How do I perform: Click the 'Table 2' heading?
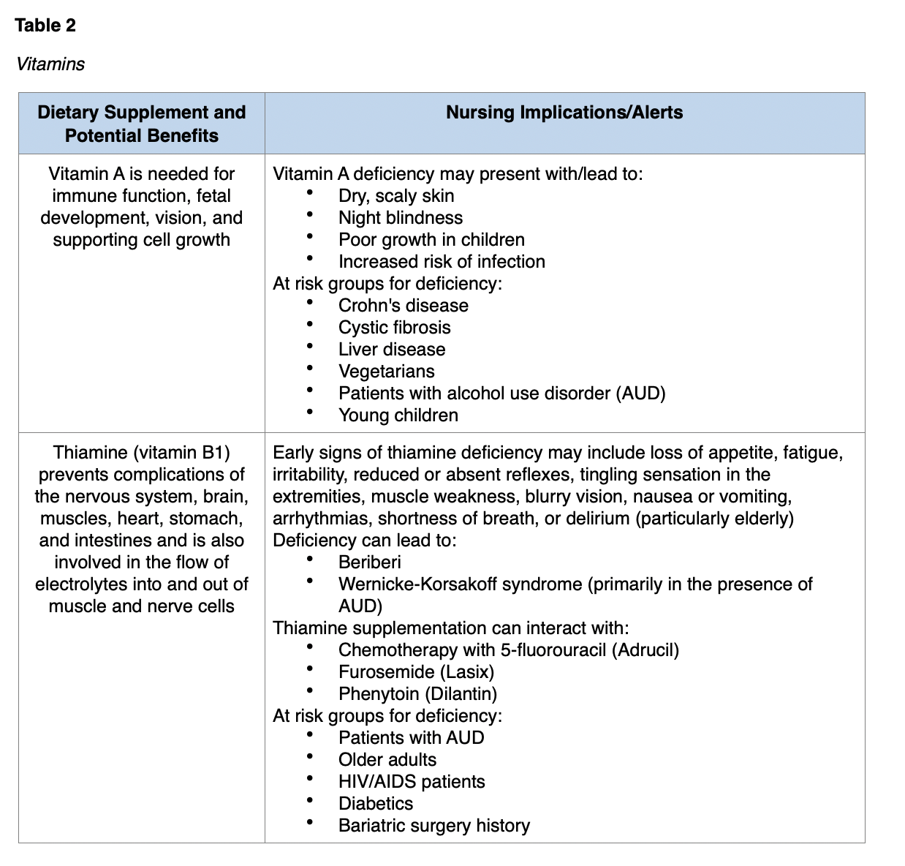45,26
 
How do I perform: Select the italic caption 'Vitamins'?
50,64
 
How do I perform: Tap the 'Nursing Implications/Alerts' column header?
564,113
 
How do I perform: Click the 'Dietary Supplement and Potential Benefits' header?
142,124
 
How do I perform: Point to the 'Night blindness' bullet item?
400,218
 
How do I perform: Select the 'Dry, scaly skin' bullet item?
395,196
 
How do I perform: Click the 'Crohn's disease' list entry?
403,306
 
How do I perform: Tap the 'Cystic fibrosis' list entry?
394,328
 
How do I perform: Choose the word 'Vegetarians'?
386,372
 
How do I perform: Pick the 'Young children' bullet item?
398,415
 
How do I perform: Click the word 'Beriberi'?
369,562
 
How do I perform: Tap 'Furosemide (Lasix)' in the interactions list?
416,672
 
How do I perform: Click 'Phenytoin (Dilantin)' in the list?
417,694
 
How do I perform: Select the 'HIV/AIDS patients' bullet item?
411,782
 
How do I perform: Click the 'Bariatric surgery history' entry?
433,826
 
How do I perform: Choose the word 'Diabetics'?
375,804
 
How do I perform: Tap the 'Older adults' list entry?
387,760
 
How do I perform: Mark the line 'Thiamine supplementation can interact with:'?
450,628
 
